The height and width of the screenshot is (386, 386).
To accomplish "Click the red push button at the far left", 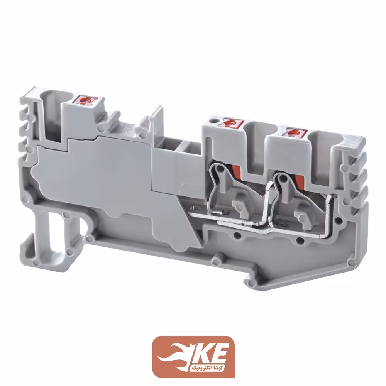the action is (x=84, y=100).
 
